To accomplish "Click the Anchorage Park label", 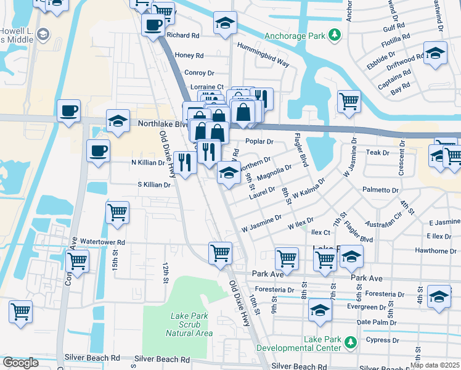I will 295,36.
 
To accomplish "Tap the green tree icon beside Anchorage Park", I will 334,36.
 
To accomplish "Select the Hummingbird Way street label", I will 266,62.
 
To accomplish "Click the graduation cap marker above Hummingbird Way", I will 226,24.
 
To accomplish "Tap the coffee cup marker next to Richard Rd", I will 153,25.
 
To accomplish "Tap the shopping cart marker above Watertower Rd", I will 117,213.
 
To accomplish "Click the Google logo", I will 20,363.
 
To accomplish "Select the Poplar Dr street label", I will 259,141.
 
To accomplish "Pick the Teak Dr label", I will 377,152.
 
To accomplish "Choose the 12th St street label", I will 165,271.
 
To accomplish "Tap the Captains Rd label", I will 394,80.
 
